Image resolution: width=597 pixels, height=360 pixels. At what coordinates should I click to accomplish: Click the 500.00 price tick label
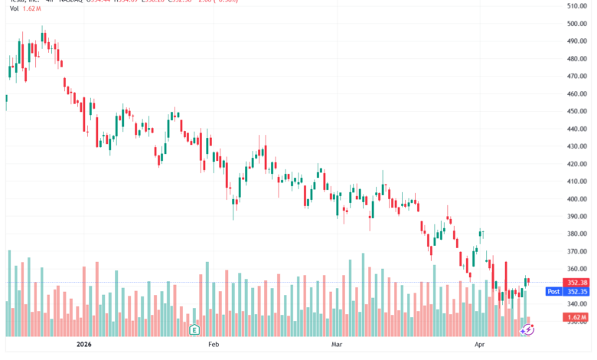pyautogui.click(x=576, y=24)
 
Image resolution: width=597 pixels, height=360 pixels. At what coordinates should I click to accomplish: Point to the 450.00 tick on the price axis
pyautogui.click(x=576, y=112)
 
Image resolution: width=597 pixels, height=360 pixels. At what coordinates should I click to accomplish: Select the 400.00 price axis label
pyautogui.click(x=576, y=199)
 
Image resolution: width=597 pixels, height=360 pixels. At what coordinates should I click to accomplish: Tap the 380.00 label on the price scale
pyautogui.click(x=576, y=234)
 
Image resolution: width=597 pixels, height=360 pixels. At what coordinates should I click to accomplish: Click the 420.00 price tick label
pyautogui.click(x=576, y=164)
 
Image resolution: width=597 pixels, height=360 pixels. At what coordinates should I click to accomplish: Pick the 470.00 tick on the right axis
pyautogui.click(x=576, y=77)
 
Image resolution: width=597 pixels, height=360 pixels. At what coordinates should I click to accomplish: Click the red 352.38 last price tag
pyautogui.click(x=576, y=283)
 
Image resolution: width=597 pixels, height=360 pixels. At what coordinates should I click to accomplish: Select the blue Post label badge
pyautogui.click(x=553, y=292)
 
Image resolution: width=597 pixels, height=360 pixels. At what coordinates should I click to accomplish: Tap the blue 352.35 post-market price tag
pyautogui.click(x=576, y=292)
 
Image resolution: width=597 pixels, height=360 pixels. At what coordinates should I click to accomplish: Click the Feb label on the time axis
pyautogui.click(x=214, y=345)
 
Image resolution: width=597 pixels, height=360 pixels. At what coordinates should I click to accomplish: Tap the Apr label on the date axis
pyautogui.click(x=479, y=345)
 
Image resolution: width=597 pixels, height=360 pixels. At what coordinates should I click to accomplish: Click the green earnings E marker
pyautogui.click(x=194, y=330)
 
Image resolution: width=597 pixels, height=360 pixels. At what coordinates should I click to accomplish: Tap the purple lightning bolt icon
pyautogui.click(x=527, y=329)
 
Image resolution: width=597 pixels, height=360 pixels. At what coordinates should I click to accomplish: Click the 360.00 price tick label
pyautogui.click(x=576, y=270)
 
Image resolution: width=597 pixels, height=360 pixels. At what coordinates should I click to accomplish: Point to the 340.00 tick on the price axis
pyautogui.click(x=576, y=304)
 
